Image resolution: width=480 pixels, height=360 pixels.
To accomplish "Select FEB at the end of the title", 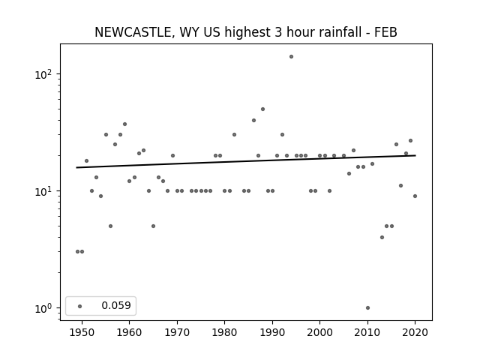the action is coord(385,32).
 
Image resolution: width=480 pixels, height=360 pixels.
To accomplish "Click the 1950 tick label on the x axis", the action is coord(82,332).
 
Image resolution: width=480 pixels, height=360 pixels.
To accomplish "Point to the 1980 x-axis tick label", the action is coord(224,332).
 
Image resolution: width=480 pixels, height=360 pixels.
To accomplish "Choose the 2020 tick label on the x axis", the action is coord(415,332).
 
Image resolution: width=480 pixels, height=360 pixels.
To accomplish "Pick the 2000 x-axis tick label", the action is coord(320,332).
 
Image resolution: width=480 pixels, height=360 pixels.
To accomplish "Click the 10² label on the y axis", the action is coord(44,74).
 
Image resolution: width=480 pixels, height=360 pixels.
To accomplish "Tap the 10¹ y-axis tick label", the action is coord(44,192).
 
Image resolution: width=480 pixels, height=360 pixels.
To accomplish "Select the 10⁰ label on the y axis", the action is coord(44,308).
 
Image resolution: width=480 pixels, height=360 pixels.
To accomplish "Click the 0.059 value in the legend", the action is coord(116,305).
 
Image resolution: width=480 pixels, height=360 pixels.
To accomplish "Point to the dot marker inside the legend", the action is coord(80,306).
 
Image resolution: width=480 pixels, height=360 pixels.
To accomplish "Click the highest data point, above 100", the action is coord(292,57).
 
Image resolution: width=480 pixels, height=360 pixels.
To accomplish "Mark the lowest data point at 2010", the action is coord(367,308).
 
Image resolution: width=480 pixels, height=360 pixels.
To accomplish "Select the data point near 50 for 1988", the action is coord(262,109).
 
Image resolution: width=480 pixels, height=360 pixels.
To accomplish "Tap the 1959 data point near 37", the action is coord(125,124).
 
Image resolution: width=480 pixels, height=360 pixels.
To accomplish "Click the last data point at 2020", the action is coord(415,196).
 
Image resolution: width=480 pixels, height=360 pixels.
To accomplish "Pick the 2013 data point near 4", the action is coord(382,237).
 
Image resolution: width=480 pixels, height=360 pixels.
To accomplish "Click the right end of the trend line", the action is coord(415,155).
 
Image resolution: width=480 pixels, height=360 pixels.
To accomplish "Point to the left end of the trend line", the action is coord(76,167).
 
